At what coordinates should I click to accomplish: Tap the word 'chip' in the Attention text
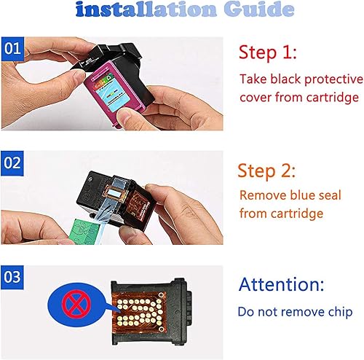pyautogui.click(x=339, y=312)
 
